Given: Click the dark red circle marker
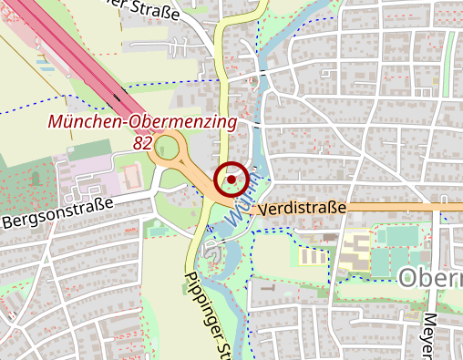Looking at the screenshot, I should [231, 180].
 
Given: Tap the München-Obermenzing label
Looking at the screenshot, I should [142, 121].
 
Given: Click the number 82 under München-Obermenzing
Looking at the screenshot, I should [142, 142].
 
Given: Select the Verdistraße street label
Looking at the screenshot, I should [302, 209].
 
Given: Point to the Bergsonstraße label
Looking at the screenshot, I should [57, 211].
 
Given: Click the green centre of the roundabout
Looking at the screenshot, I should [167, 147].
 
